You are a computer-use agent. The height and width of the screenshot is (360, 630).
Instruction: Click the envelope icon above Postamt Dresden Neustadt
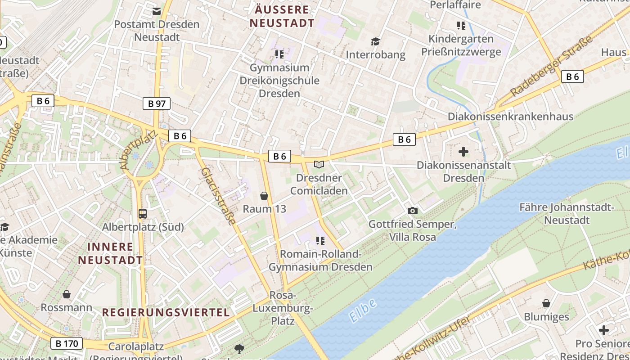point(156,11)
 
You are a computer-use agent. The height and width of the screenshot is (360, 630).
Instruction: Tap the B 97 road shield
point(157,103)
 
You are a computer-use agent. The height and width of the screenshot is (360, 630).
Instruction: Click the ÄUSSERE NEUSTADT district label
point(282,16)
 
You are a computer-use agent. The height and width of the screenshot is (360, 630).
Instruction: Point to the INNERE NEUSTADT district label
point(110,253)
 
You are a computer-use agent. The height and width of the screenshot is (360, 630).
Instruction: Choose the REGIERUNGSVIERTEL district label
point(166,312)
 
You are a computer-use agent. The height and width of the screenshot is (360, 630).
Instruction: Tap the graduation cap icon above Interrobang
point(375,42)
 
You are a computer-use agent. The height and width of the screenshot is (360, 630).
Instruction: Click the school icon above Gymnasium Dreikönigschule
point(279,54)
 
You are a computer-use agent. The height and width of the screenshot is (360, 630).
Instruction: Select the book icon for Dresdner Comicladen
point(319,165)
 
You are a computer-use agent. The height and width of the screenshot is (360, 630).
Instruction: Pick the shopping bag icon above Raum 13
point(264,196)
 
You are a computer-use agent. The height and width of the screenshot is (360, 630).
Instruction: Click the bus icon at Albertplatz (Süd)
point(143,214)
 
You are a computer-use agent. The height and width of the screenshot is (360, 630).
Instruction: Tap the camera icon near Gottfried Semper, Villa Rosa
point(412,211)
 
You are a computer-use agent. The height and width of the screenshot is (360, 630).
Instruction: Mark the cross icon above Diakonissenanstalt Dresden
point(463,152)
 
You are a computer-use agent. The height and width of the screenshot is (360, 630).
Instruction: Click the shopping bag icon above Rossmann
point(67,294)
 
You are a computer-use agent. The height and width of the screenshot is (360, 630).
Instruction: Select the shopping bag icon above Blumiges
point(546,303)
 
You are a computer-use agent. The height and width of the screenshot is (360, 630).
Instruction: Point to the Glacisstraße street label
point(218,196)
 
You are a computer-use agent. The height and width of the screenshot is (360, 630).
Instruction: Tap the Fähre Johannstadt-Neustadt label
point(567,214)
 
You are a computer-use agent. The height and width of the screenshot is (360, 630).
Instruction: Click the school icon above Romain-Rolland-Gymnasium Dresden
point(320,241)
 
